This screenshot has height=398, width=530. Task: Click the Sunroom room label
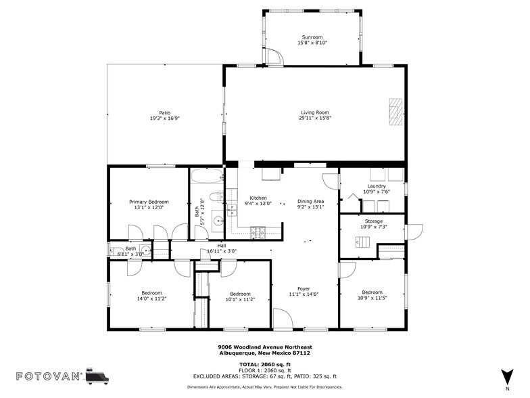tap(312, 37)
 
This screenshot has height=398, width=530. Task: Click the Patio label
tap(164, 112)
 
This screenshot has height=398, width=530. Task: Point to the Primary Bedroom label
tap(149, 202)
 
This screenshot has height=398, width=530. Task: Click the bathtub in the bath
tap(206, 179)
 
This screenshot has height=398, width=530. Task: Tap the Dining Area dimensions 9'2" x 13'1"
tap(310, 207)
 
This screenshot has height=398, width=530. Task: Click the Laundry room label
tap(377, 186)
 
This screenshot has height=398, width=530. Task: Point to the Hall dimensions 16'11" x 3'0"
tap(221, 251)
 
